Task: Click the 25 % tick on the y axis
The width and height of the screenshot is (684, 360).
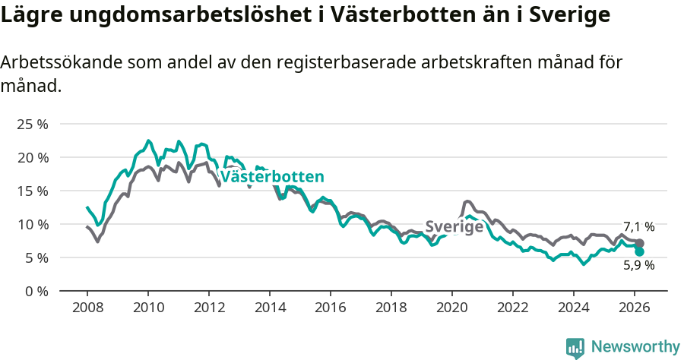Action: [31, 124]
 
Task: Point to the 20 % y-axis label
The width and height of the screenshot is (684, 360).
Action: [31, 157]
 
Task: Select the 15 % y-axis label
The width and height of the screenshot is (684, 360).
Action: [31, 191]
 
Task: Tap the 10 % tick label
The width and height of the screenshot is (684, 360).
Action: [31, 224]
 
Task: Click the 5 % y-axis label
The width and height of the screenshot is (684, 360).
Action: [35, 257]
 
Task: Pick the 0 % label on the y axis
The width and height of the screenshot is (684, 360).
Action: [35, 291]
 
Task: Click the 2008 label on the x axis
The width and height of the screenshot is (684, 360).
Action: [87, 308]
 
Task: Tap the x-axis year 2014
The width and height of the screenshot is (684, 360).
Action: [270, 308]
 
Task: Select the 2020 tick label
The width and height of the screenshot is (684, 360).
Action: [452, 308]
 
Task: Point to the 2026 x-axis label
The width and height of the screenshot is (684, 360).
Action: [635, 308]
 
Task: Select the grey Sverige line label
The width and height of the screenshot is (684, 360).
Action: [454, 226]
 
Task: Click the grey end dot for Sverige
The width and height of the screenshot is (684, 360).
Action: [640, 243]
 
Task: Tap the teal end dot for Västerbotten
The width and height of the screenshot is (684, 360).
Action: [640, 251]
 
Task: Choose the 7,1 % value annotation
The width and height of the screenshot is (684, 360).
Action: [638, 227]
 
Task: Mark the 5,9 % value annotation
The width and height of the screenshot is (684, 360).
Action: [638, 266]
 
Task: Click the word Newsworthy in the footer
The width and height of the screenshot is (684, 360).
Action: [635, 347]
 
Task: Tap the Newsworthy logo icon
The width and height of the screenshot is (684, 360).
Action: [575, 348]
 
